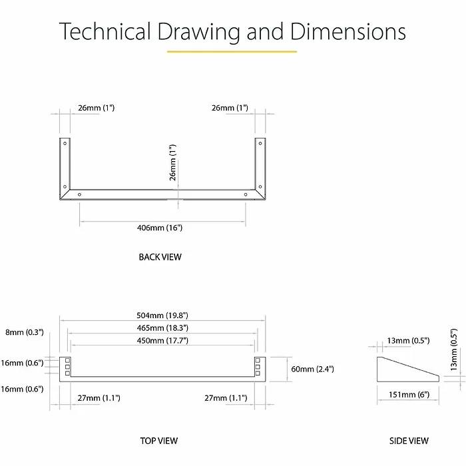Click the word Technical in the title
tap(105, 31)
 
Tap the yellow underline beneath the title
tap(232, 51)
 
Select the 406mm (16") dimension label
tap(160, 228)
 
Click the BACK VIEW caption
tap(160, 257)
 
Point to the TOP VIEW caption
tap(159, 441)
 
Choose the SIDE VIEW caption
tap(409, 441)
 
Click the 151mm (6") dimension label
tap(409, 394)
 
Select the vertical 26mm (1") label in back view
tap(174, 163)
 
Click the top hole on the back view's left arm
tap(65, 143)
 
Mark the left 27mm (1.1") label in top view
tap(99, 398)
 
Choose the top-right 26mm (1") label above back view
tap(230, 107)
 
